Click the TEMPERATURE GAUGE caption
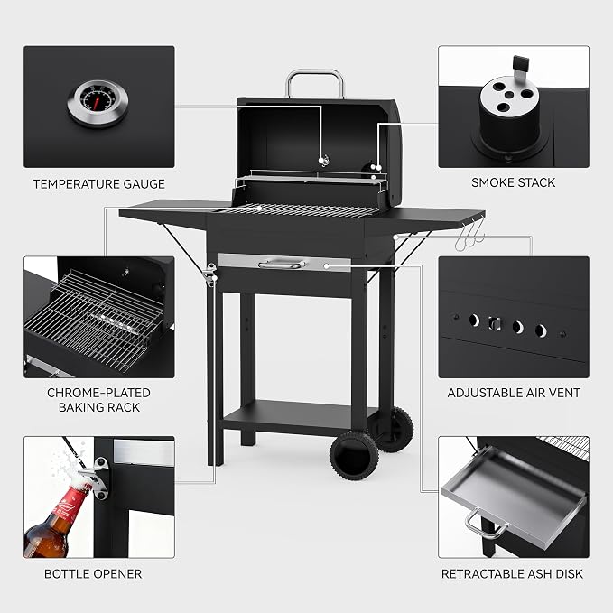pyautogui.click(x=99, y=184)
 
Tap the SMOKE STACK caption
pyautogui.click(x=514, y=182)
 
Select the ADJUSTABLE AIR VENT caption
pyautogui.click(x=514, y=393)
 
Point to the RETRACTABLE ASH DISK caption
pyautogui.click(x=512, y=574)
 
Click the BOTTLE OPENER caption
pyautogui.click(x=93, y=574)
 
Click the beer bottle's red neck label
pyautogui.click(x=70, y=505)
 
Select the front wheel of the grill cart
pyautogui.click(x=354, y=455)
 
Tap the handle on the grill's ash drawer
pyautogui.click(x=282, y=265)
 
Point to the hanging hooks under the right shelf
pyautogui.click(x=469, y=237)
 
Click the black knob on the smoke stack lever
pyautogui.click(x=521, y=61)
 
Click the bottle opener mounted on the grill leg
pyautogui.click(x=210, y=274)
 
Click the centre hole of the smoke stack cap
pyautogui.click(x=509, y=95)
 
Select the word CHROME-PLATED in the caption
pyautogui.click(x=98, y=393)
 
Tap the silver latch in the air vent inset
pyautogui.click(x=495, y=324)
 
